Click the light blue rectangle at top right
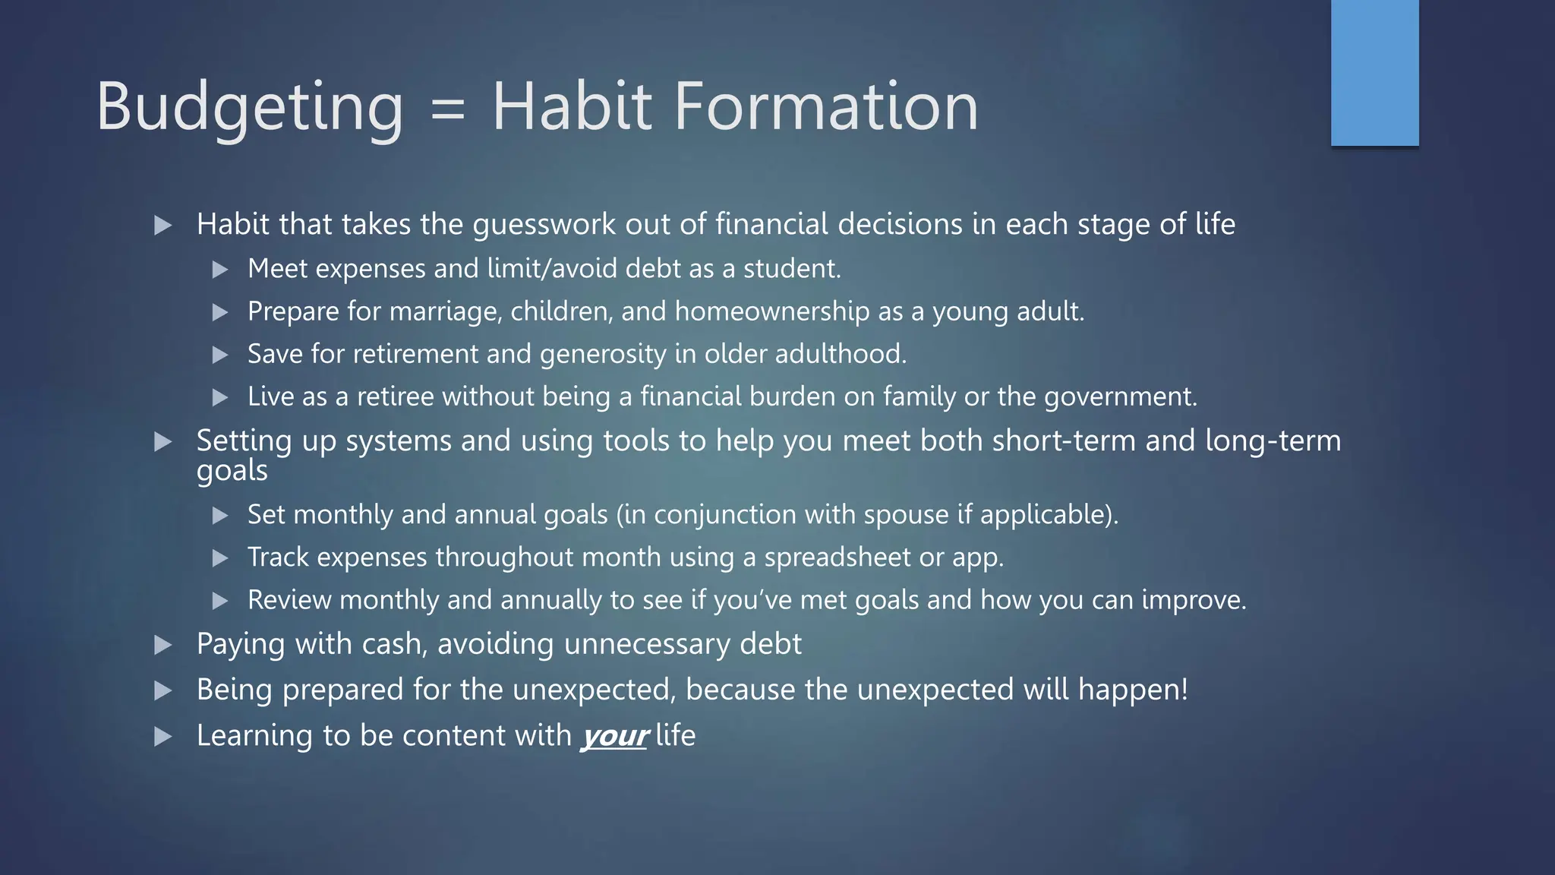1374,73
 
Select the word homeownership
771,311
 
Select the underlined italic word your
613,735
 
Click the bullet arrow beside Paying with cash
162,646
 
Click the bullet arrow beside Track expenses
220,559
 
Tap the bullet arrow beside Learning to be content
162,737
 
